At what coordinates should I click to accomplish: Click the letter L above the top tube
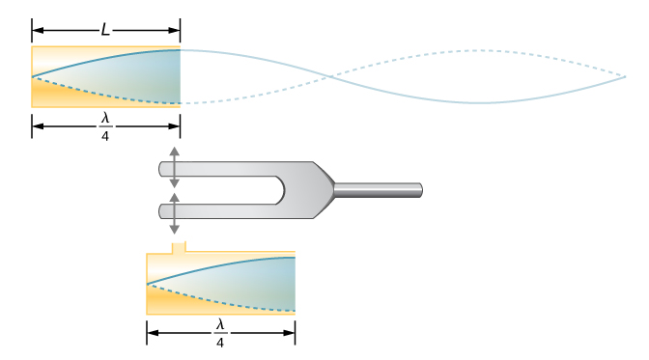pos(105,30)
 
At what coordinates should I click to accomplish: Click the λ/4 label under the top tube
pos(105,126)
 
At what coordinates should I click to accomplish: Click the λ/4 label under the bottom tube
pos(220,334)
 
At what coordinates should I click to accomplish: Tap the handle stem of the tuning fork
pos(379,190)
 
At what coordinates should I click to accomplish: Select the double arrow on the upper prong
pos(174,167)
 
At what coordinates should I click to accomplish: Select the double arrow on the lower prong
pos(174,213)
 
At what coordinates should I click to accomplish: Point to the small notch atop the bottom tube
pos(179,247)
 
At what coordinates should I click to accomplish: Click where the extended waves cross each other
pos(330,76)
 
